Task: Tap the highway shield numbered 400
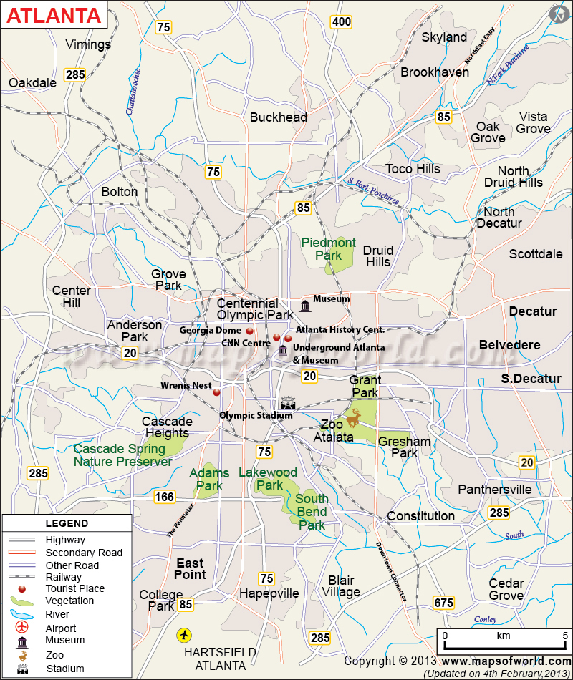coord(342,22)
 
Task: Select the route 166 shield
coord(164,497)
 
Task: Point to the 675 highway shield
coord(444,603)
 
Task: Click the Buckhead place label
coord(278,117)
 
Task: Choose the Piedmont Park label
coord(328,249)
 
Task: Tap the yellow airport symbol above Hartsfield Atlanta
coord(185,634)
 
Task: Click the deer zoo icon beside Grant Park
coord(354,415)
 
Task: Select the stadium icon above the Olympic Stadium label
coord(287,402)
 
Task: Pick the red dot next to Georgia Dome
coord(250,331)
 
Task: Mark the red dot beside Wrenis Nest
coord(216,392)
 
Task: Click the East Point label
coord(190,569)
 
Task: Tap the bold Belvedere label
coord(509,345)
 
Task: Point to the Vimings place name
coord(88,44)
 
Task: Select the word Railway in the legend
coord(64,577)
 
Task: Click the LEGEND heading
coord(67,523)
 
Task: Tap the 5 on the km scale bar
coord(564,636)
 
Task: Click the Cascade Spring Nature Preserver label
coord(122,455)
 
